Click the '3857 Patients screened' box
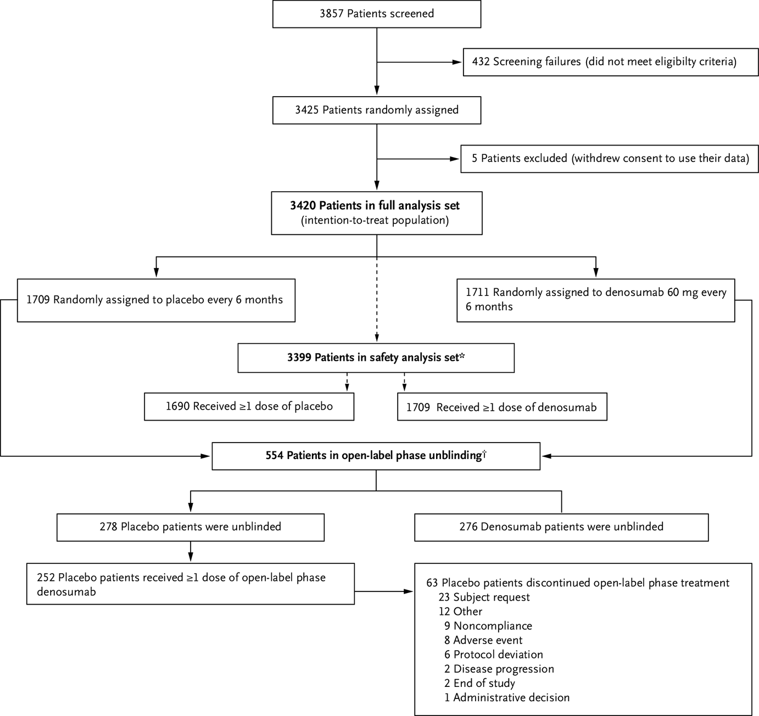pos(377,14)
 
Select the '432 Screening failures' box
pos(604,61)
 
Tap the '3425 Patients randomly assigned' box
pos(377,110)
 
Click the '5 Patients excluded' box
pos(610,159)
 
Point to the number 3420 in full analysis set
pos(303,206)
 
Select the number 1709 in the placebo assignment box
pos(38,300)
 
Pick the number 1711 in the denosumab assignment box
pos(477,293)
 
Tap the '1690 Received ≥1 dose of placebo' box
pos(249,406)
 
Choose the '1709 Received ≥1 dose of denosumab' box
pos(502,407)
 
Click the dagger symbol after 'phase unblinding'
pos(484,454)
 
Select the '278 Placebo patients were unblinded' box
pos(190,527)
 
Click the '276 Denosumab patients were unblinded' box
pos(561,527)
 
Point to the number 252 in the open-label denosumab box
pos(46,578)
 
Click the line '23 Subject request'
pos(484,597)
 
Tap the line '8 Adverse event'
pos(483,640)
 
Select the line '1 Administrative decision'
pos(506,698)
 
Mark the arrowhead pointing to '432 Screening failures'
pos(457,62)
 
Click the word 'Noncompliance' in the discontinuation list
pos(493,626)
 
